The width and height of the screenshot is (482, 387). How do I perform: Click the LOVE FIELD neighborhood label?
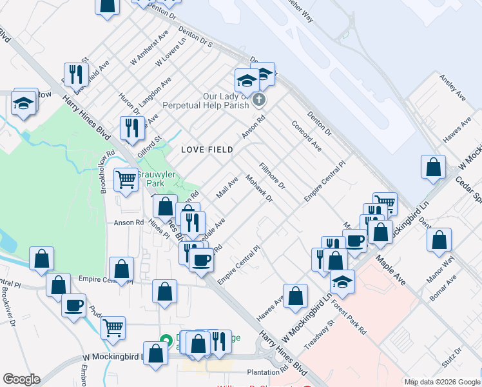206,150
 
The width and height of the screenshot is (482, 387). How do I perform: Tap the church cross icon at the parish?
258,99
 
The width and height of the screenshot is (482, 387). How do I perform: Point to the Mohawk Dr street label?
259,188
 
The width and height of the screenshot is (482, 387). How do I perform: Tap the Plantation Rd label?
267,372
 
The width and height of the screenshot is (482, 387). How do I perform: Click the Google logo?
21,379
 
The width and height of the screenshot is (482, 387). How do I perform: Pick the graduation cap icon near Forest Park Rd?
342,281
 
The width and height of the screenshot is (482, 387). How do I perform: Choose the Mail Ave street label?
227,188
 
